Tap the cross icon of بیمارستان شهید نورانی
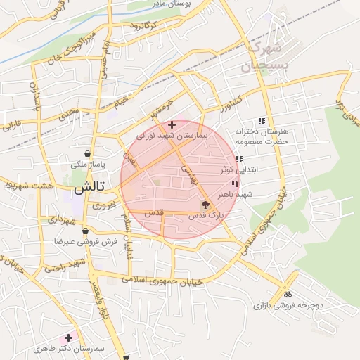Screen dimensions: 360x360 tap(172, 124)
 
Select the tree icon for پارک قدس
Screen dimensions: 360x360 tap(205, 205)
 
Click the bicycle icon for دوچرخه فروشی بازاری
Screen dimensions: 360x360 tap(286, 294)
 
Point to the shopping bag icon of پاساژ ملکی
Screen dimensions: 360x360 tap(86, 153)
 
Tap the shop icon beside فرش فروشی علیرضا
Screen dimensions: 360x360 tap(85, 231)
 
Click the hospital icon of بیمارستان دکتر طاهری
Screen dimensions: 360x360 tap(68, 337)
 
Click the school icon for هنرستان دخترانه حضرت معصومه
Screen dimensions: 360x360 tap(262, 120)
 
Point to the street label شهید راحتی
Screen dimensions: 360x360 tap(65, 265)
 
